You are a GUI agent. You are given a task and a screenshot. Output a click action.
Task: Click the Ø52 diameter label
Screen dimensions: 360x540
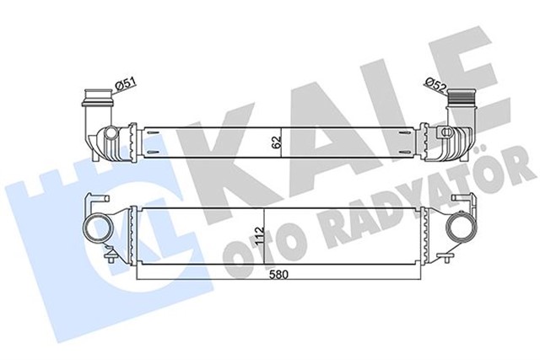pyautogui.click(x=436, y=84)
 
